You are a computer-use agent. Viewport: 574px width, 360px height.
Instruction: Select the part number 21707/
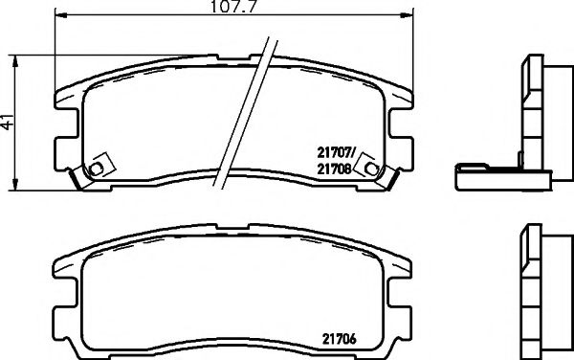tap(336, 149)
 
